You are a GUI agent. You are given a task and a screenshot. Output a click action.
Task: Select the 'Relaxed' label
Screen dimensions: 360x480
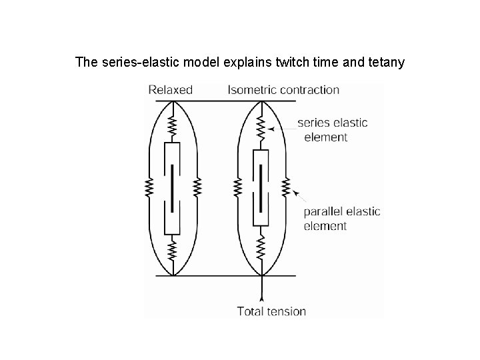tap(170, 89)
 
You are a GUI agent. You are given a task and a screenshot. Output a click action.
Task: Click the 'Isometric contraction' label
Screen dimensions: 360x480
tap(283, 89)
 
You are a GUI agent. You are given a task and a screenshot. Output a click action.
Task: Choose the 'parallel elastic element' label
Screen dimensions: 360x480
tap(341, 218)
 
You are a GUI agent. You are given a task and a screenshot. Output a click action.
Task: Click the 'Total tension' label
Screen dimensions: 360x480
tap(271, 311)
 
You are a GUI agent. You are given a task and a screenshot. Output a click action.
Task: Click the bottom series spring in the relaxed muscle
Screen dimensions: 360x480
tap(173, 250)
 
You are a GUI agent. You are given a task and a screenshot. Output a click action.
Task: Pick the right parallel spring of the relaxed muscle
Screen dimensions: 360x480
tap(197, 188)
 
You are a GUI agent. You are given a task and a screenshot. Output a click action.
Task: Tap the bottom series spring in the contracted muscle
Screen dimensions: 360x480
tap(261, 249)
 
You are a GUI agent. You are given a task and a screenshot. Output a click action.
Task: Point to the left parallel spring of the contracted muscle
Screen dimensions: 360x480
tap(237, 188)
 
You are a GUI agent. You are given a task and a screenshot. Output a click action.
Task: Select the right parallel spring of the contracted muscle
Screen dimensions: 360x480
tap(286, 188)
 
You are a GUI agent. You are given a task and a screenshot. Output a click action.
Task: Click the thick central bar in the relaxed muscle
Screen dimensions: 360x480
tap(173, 187)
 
